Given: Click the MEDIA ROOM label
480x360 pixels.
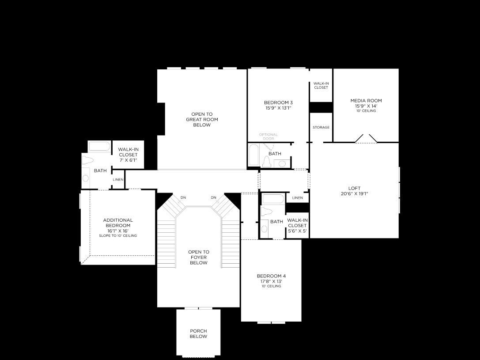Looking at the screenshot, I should click(x=366, y=101).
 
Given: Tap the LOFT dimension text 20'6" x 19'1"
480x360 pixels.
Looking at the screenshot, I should click(x=354, y=194).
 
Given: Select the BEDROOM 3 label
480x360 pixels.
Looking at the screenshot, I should click(x=278, y=102).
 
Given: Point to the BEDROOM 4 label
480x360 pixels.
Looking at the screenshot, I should click(x=271, y=276).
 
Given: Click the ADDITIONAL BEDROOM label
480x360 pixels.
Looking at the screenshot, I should click(x=118, y=223).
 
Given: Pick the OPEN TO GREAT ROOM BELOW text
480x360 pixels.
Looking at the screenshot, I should click(x=202, y=120).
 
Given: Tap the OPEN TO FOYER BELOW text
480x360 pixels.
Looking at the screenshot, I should click(x=199, y=258).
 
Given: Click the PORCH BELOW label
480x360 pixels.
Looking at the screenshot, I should click(x=198, y=333).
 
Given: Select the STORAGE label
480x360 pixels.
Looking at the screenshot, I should click(x=321, y=127).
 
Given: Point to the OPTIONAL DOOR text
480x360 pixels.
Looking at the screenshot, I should click(x=268, y=136).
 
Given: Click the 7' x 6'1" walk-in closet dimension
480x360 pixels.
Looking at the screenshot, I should click(x=128, y=160).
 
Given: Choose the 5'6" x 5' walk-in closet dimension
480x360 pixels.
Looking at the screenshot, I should click(x=297, y=231).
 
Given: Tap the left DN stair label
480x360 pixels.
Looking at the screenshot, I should click(x=183, y=197).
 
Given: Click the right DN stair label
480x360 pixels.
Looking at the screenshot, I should click(x=213, y=197).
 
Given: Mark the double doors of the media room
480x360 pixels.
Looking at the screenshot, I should click(x=366, y=139).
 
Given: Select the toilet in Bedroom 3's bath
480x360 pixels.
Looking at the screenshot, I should click(x=266, y=162).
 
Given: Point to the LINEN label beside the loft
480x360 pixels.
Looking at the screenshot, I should click(x=298, y=198).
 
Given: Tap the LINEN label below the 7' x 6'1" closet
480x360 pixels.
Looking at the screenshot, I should click(x=118, y=180).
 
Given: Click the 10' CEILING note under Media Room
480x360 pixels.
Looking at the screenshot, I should click(x=366, y=111).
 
